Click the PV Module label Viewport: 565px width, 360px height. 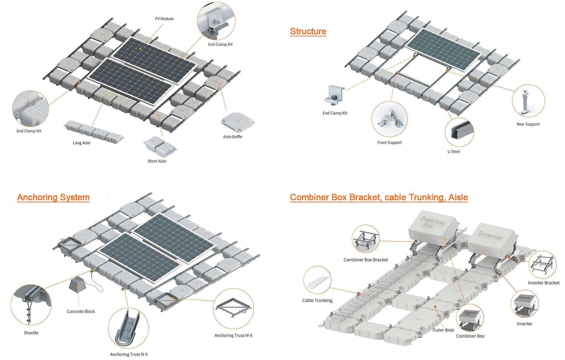tap(164, 19)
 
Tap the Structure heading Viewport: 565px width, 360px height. tap(308, 31)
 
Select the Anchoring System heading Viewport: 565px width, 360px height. tap(53, 197)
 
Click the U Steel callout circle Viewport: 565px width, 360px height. tap(459, 132)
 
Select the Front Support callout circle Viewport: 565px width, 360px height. tap(389, 119)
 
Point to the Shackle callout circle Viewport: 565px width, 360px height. tap(31, 305)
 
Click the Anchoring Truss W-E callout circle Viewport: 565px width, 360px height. tap(233, 309)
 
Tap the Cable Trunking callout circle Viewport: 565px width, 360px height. tap(317, 280)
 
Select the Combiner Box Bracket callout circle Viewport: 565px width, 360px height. tap(366, 239)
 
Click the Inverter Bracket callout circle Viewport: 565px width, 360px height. tap(542, 264)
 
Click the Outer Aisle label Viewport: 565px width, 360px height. tap(443, 330)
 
